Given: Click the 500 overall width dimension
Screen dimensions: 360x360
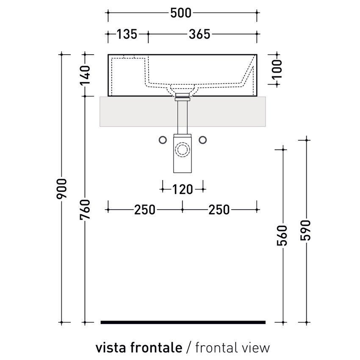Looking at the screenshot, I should [x=181, y=13].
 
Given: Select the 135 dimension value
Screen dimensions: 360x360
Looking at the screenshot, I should [x=127, y=34].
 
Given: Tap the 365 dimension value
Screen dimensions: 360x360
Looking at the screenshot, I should [x=199, y=34].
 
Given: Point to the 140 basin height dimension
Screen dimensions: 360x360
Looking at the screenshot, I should [x=85, y=75].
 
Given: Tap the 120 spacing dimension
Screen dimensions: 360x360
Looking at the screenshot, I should [x=183, y=189].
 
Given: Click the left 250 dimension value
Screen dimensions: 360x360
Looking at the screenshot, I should [x=145, y=210].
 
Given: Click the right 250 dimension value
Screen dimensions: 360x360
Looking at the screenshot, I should [x=219, y=210].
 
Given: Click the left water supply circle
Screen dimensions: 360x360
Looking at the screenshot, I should [x=163, y=140].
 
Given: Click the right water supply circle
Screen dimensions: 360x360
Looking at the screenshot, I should [x=202, y=140].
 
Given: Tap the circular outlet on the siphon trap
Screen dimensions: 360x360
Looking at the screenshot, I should [x=183, y=149].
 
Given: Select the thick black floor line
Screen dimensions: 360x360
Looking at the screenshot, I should [x=183, y=322].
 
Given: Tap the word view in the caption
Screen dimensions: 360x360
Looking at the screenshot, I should [x=255, y=348].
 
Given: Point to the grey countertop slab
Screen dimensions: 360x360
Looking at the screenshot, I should [x=136, y=111].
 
